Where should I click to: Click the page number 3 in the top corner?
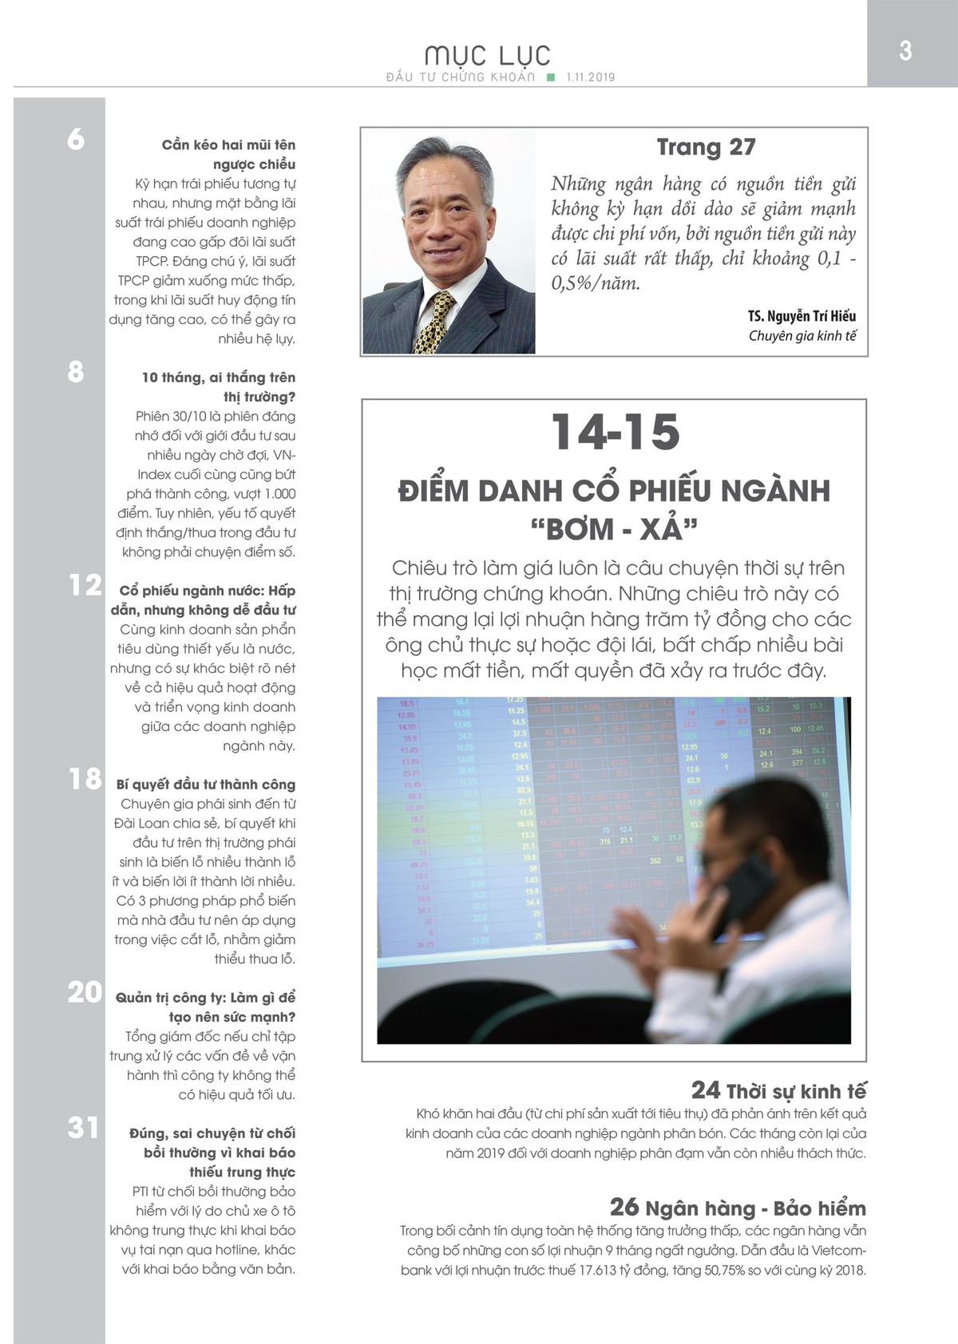coord(905,50)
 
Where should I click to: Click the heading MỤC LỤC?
coord(487,55)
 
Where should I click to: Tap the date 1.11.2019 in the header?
coord(590,77)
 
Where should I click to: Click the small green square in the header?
coord(550,77)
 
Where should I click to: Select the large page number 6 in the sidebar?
coord(76,140)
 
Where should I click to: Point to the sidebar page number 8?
coord(76,372)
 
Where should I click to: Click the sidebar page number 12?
coord(85,585)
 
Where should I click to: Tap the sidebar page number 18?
coord(85,779)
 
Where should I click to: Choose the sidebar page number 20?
coord(85,992)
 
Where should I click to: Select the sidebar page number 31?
coord(83,1128)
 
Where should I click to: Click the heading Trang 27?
coord(706,147)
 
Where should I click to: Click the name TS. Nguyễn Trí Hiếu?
coord(802,316)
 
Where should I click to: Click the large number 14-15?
coord(616,432)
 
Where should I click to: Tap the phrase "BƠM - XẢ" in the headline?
coord(613,528)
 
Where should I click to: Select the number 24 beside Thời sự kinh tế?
coord(705,1090)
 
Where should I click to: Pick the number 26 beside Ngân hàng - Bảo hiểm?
coord(625,1207)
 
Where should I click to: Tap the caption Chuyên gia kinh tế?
coord(802,336)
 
